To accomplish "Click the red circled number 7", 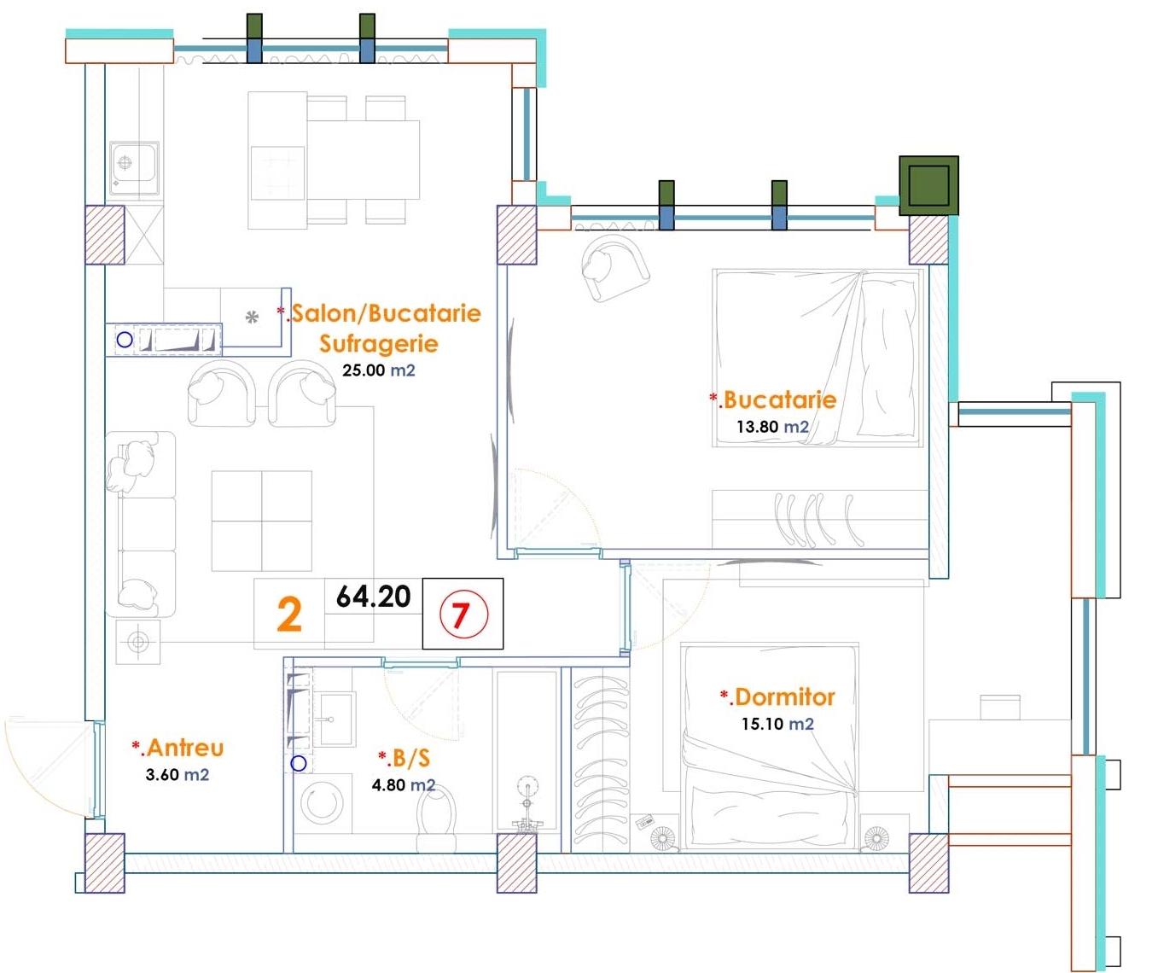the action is point(463,615).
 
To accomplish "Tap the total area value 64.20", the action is point(373,597).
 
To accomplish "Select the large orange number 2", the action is point(289,615).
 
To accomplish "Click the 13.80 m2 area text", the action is point(772,427).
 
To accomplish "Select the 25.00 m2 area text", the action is point(378,370).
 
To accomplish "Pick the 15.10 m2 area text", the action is point(777,724).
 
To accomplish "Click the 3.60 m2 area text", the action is point(177,774).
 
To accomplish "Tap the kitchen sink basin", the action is point(134,166).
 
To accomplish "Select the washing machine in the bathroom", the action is point(322,802).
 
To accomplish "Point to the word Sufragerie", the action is point(379,343).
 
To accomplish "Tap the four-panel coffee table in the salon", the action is point(262,521).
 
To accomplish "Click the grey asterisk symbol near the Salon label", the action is point(252,318).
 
